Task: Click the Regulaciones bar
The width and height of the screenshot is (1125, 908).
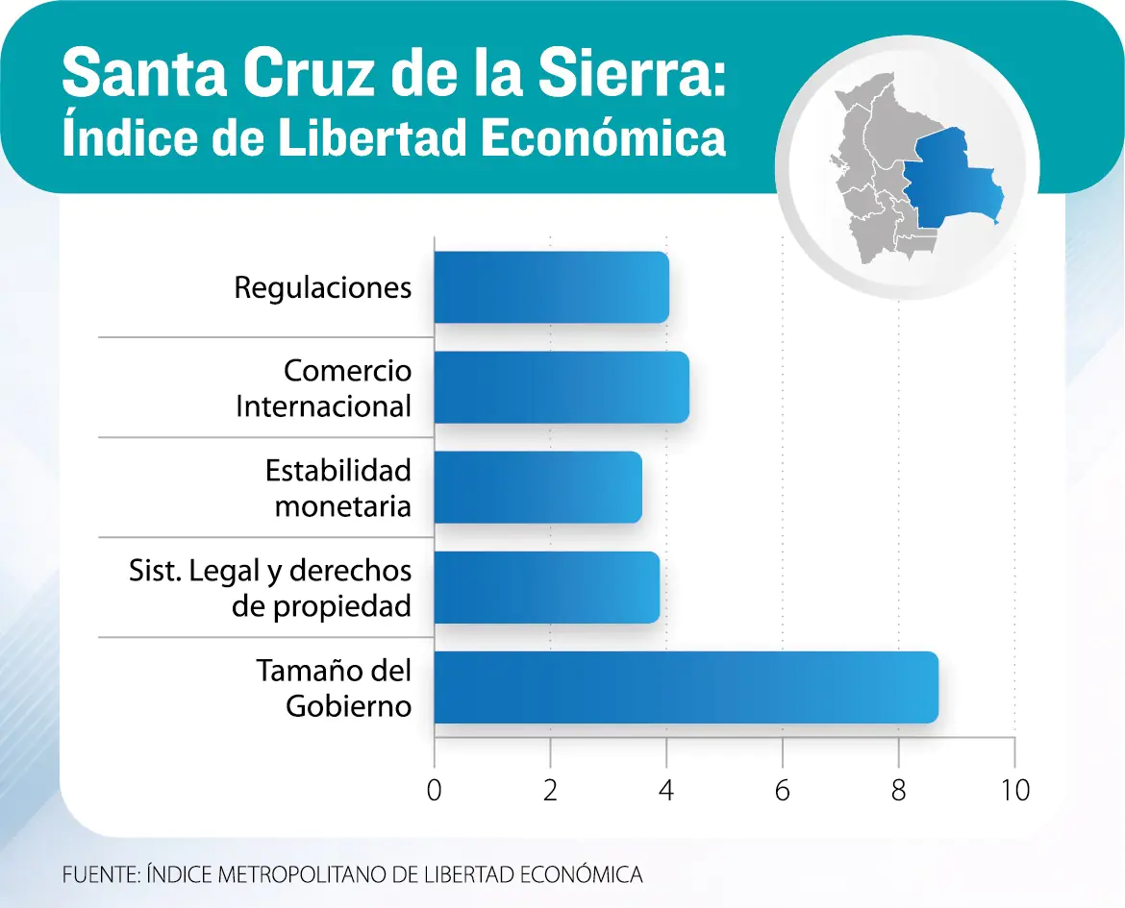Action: pos(551,287)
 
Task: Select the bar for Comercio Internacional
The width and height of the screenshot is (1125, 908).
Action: pos(561,387)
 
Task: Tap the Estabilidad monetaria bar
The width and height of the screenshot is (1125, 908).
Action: pos(537,487)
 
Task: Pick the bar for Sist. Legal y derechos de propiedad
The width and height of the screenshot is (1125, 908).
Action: pos(546,587)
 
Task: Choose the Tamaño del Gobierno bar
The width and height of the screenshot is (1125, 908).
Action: pos(686,687)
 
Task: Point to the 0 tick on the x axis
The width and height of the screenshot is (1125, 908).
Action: pos(435,791)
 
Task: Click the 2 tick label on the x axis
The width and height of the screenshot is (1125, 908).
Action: pos(550,791)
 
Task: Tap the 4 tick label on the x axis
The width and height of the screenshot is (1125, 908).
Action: pos(666,791)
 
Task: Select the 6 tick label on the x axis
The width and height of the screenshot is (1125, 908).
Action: pos(783,791)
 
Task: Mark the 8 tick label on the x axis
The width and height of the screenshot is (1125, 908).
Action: pos(898,791)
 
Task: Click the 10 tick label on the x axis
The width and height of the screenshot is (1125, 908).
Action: pos(1014,791)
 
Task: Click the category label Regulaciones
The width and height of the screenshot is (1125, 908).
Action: pos(323,287)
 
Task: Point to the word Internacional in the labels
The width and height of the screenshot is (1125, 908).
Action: pos(323,405)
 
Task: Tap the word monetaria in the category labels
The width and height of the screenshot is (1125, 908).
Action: pos(343,505)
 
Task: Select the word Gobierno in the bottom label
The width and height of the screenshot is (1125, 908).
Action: pos(349,705)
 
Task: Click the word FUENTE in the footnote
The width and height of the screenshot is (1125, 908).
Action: pos(99,874)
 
